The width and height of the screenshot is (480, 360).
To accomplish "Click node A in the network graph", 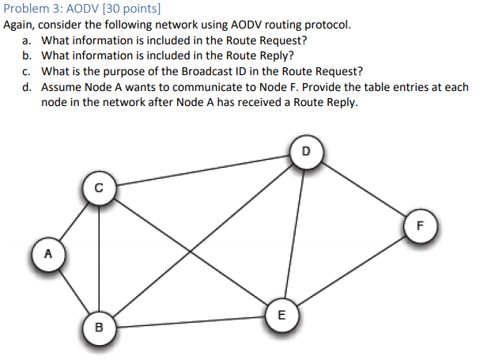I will [48, 255].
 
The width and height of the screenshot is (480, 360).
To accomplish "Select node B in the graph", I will [98, 325].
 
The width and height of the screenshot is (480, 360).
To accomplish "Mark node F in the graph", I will [420, 225].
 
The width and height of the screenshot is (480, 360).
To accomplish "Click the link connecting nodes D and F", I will [363, 188].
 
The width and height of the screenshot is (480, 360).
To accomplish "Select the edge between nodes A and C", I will [74, 222].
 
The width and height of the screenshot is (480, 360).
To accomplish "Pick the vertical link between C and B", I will [98, 257].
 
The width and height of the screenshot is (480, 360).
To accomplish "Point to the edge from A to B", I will [74, 290].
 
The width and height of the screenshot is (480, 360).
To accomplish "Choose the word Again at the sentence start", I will [19, 25].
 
